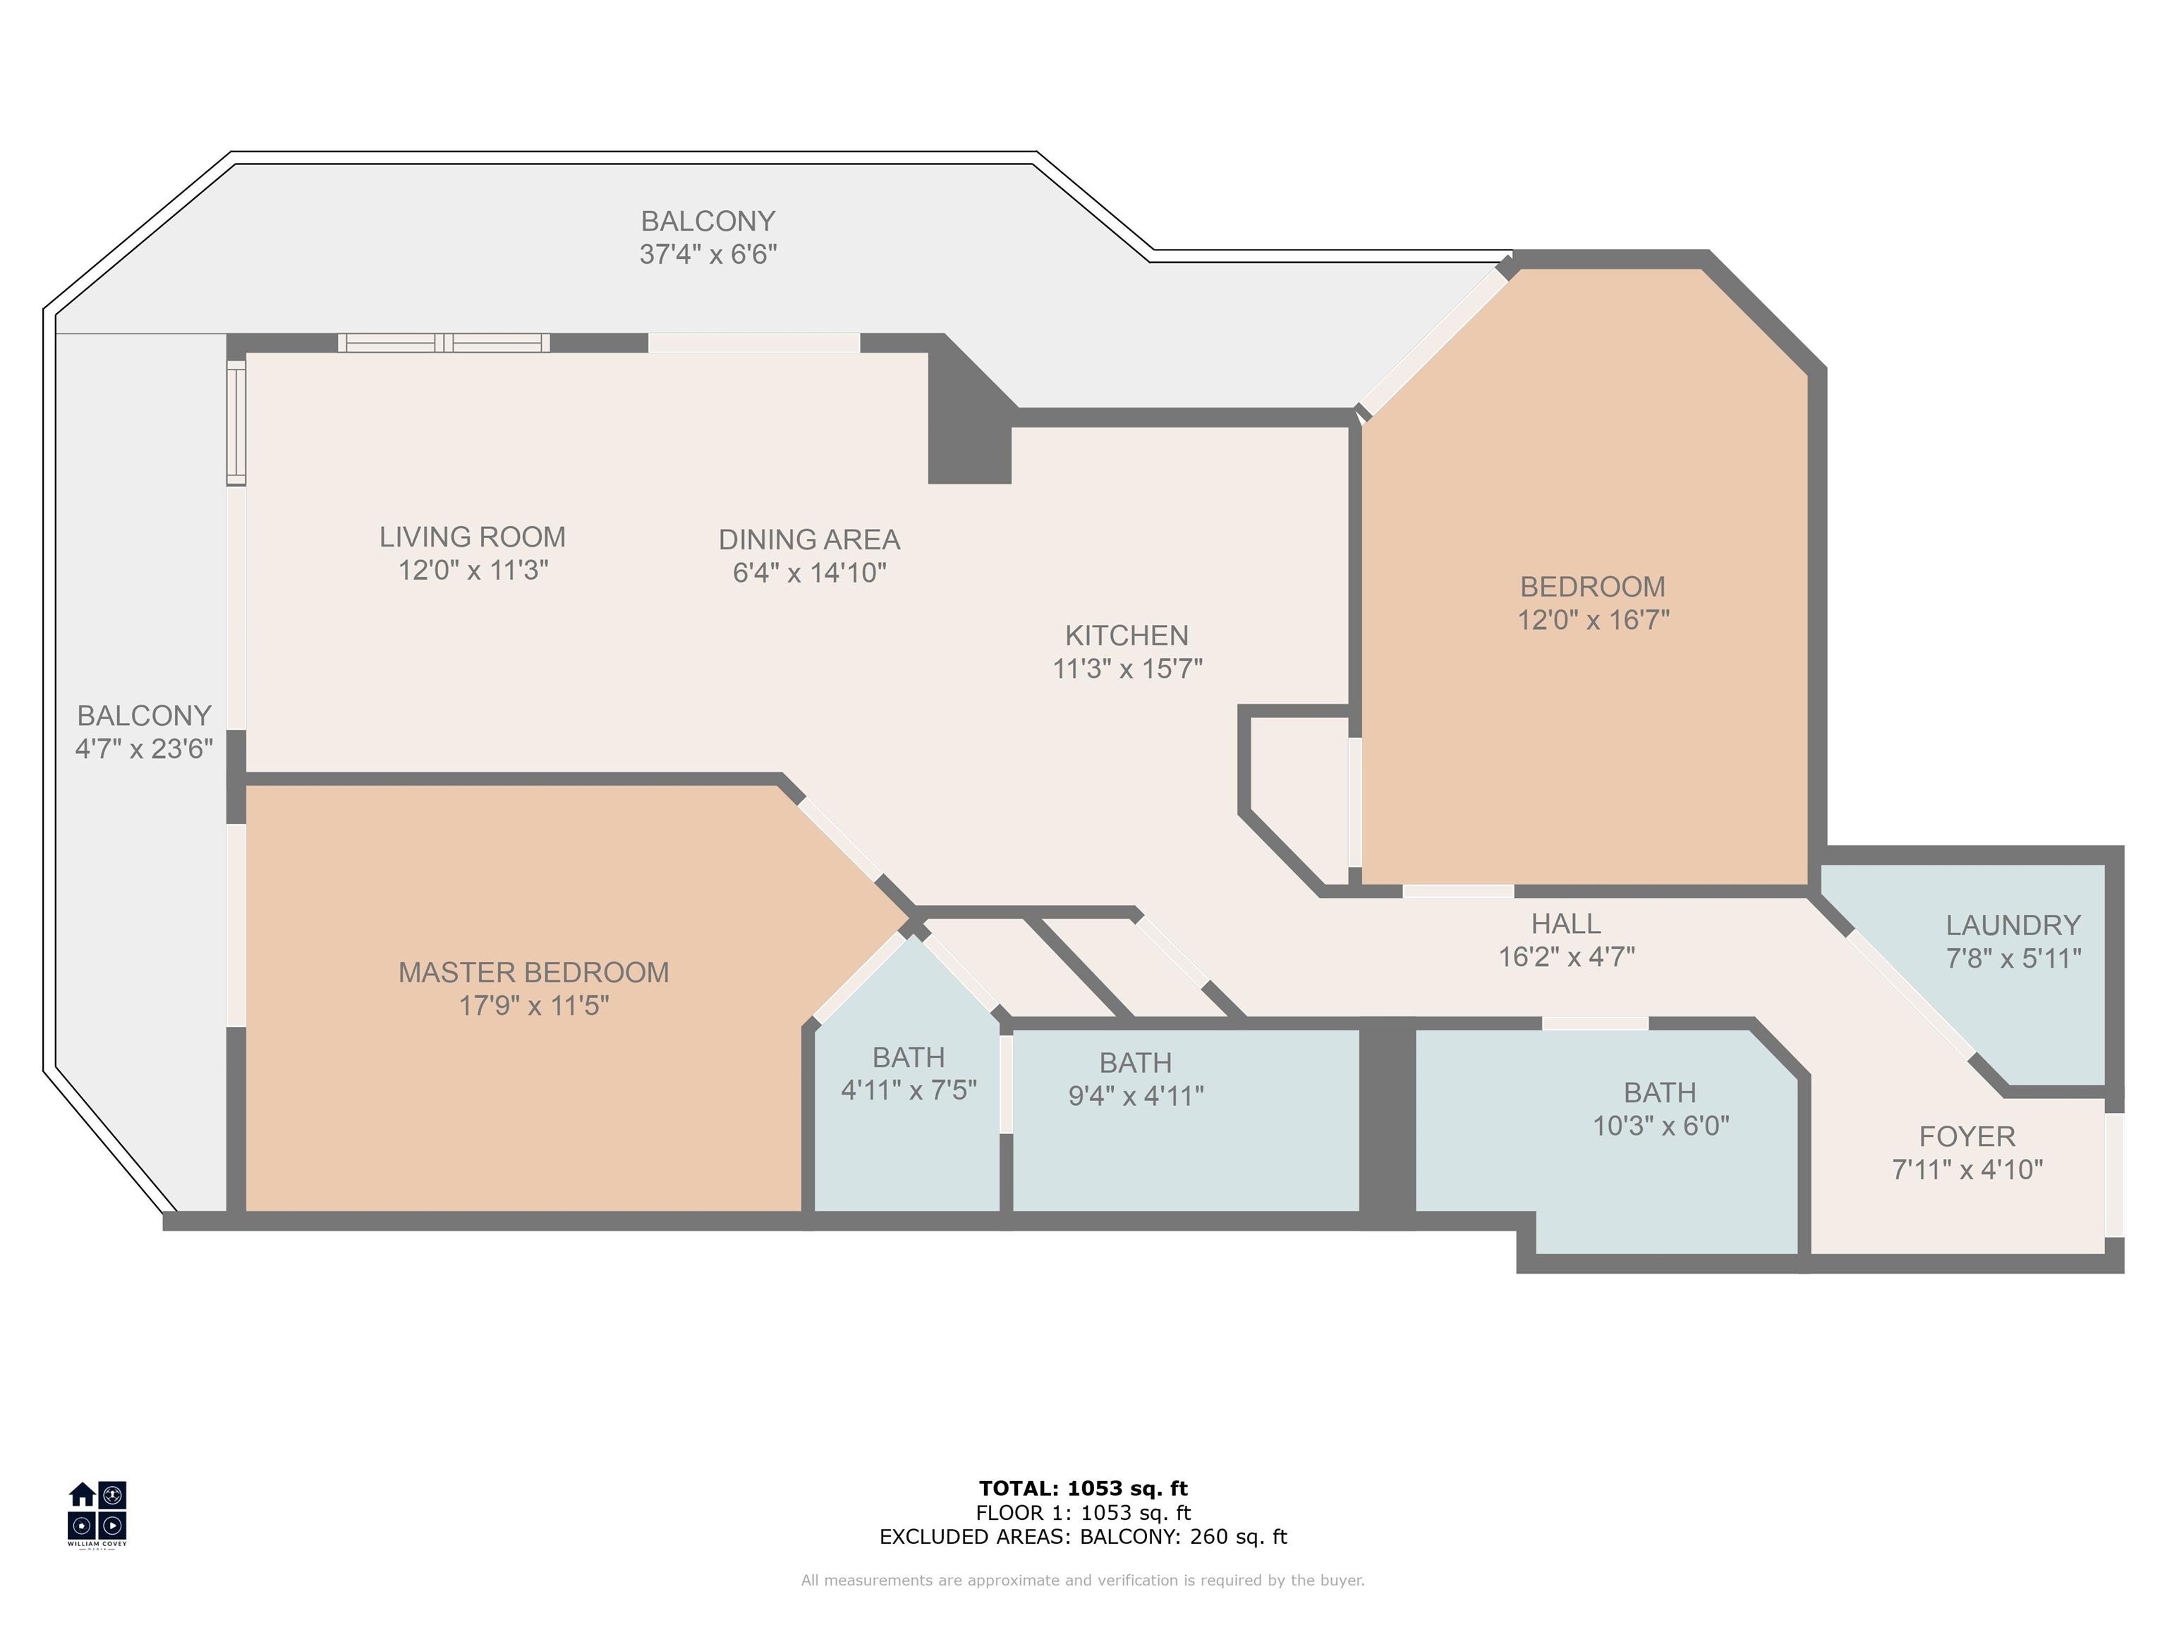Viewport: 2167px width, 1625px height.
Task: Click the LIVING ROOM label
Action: point(472,537)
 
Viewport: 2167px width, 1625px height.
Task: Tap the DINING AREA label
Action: point(809,540)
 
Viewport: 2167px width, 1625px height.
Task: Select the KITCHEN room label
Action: point(1127,635)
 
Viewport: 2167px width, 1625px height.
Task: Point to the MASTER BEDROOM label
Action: point(534,973)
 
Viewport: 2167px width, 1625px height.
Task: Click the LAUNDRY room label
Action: point(2013,925)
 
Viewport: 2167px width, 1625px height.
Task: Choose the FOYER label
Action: point(1967,1137)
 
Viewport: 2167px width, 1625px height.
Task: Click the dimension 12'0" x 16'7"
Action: point(1593,620)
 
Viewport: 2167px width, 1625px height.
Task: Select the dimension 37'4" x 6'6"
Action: point(708,255)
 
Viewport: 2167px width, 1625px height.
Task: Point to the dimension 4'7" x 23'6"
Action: point(144,749)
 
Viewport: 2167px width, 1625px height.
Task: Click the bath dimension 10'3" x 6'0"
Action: point(1661,1126)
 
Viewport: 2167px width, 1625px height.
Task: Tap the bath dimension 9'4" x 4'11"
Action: point(1136,1096)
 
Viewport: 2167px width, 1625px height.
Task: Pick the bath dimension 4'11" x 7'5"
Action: point(909,1090)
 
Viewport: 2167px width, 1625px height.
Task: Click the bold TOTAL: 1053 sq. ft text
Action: point(1083,1489)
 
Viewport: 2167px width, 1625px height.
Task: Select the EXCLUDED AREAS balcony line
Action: point(1083,1537)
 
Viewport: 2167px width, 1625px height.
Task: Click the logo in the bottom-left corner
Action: point(97,1514)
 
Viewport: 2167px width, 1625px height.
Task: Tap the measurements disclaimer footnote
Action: point(1083,1580)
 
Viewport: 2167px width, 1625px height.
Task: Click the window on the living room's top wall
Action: point(444,343)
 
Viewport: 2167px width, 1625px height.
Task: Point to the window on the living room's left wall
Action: point(236,422)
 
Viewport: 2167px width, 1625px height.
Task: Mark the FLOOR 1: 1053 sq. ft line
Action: point(1083,1514)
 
